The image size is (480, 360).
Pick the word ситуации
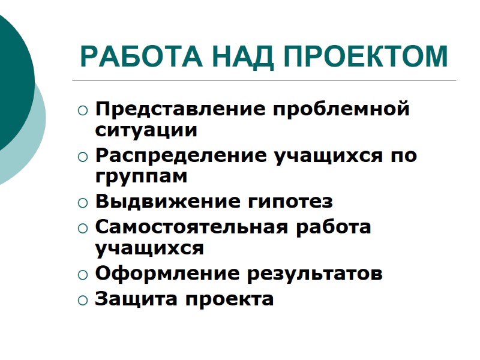coord(146,129)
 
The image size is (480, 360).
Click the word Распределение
coord(182,156)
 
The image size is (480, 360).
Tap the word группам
coord(142,176)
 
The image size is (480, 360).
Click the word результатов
coord(315,274)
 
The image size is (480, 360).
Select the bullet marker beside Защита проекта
coord(82,299)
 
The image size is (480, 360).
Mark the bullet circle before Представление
coord(82,111)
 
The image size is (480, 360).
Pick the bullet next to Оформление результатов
coord(82,275)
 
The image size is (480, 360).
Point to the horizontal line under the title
coord(264,80)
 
